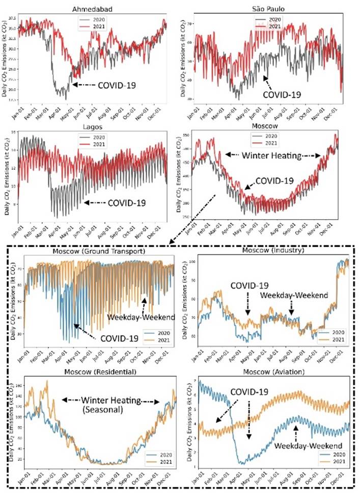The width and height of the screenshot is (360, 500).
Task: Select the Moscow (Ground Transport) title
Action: click(x=99, y=251)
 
